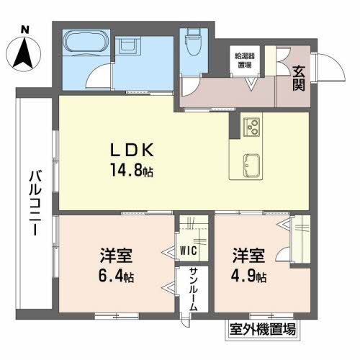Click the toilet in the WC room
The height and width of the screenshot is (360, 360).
[x=192, y=42]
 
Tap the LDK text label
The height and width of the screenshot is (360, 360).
[x=131, y=152]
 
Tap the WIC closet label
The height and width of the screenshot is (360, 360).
[x=188, y=251]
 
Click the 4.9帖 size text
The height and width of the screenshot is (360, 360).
[x=248, y=276]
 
